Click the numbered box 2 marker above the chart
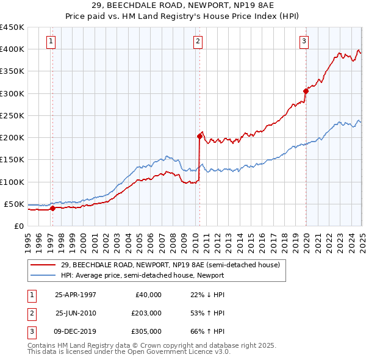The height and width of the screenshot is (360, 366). pos(198,41)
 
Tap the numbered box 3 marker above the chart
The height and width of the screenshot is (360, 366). pos(304,41)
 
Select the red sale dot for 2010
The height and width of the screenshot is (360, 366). pos(199,136)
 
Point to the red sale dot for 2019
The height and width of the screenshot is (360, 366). pos(306,91)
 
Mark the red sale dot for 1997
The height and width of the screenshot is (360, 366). pos(52,208)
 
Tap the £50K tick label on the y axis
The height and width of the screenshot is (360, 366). pos(14,204)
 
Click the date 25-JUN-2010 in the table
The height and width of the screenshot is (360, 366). pos(76,313)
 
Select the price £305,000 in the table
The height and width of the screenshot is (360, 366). pos(146,331)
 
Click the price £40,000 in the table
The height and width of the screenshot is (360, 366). pos(148,295)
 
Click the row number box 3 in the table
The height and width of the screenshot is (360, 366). pos(31,331)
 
